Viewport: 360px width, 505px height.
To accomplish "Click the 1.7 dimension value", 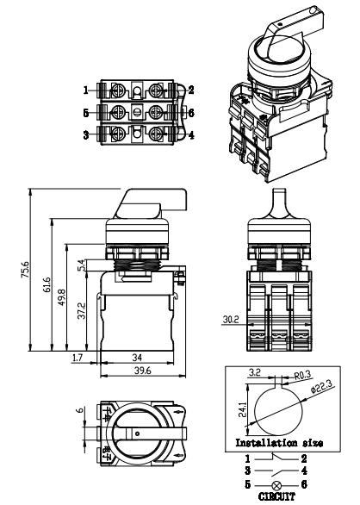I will pyautogui.click(x=78, y=356).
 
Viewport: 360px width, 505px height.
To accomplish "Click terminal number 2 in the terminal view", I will pyautogui.click(x=190, y=90).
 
